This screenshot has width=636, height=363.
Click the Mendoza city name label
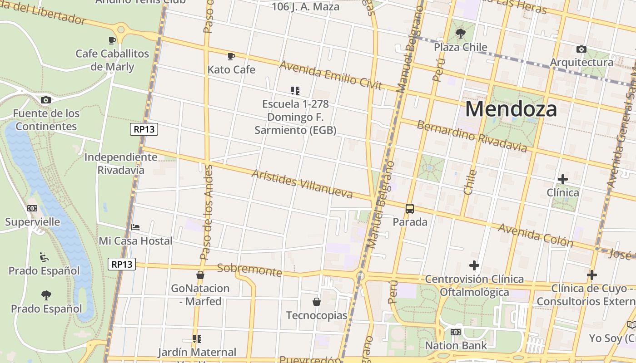coord(511,109)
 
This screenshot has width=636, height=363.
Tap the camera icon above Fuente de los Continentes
coord(45,100)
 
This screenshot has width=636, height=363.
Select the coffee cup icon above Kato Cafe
coord(231,56)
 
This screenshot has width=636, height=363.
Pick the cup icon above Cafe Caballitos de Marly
coord(112,40)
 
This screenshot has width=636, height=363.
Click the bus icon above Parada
coord(410,209)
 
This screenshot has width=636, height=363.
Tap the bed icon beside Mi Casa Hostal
coord(135,227)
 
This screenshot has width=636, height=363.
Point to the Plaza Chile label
coord(461,47)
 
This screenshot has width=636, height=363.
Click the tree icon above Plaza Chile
coord(461,33)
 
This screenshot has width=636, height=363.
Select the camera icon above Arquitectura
coord(581,49)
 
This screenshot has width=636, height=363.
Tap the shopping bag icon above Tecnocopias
coord(317,302)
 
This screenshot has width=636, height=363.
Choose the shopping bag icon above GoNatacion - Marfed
coord(200,275)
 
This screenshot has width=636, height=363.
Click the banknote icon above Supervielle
coord(32,208)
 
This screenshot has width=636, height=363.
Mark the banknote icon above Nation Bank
coord(456,332)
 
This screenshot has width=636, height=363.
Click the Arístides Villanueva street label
coord(302,184)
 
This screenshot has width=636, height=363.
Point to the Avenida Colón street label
coord(536,235)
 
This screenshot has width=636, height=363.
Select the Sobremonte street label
coord(249,270)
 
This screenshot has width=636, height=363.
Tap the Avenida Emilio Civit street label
coord(331,75)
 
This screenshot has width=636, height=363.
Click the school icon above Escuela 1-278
coord(295,91)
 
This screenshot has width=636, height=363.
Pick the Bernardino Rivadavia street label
coord(472,136)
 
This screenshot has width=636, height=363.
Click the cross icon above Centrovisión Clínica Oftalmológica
coord(474,265)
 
